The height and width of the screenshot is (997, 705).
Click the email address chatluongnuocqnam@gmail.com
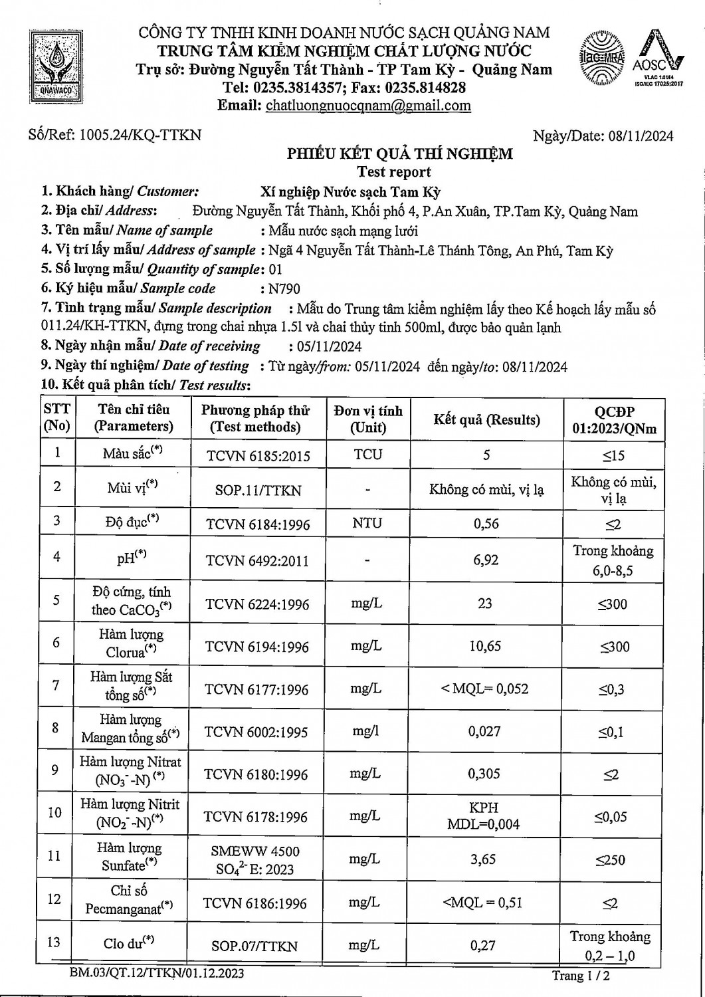tap(368, 105)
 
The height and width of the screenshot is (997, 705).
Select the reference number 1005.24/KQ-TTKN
tap(140, 136)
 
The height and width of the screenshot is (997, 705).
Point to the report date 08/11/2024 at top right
tap(641, 136)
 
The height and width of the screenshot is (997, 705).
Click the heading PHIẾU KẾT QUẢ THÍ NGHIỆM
tap(399, 154)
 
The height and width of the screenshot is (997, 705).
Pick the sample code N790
tap(284, 288)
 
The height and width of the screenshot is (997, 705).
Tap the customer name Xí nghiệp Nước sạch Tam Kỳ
tap(350, 192)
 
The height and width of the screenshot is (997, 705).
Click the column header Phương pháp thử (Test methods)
tap(255, 418)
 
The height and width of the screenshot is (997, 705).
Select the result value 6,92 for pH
tap(486, 560)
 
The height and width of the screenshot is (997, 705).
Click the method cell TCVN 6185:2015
tap(257, 456)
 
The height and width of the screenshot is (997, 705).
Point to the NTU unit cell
tap(367, 523)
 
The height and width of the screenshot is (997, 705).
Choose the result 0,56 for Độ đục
tap(486, 523)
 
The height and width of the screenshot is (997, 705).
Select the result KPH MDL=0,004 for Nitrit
tap(485, 816)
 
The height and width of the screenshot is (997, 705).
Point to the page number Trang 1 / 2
tap(580, 976)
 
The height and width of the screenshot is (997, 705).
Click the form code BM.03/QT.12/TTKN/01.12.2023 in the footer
tap(157, 974)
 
